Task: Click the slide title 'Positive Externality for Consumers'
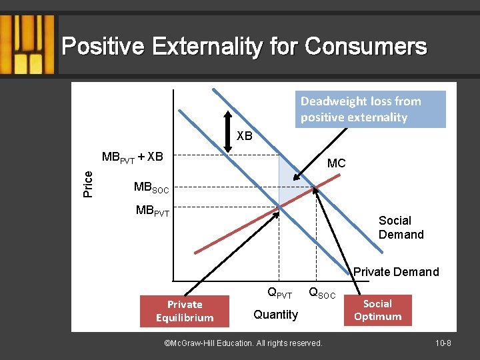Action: click(244, 47)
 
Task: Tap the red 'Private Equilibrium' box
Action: click(185, 311)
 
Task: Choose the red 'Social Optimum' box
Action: click(378, 310)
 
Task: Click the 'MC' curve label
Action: click(336, 163)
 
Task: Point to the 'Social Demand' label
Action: click(401, 227)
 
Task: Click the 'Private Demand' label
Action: click(396, 271)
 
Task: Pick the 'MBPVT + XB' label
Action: click(132, 157)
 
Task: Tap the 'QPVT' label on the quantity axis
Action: click(279, 293)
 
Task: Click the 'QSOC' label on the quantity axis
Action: click(322, 293)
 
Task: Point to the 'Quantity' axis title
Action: click(275, 315)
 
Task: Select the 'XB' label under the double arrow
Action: click(245, 136)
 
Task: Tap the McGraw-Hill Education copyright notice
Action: click(243, 343)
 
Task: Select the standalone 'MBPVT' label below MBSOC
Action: click(153, 211)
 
